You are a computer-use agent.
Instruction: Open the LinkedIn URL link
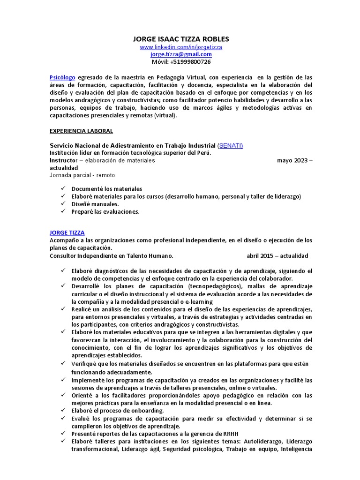click(181, 47)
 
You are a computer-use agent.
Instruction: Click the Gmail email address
click(181, 54)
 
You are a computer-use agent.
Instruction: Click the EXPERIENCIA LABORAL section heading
click(81, 131)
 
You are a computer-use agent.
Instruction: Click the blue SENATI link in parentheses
click(230, 146)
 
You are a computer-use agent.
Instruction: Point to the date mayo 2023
click(291, 160)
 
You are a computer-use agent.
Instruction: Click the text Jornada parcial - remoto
click(82, 175)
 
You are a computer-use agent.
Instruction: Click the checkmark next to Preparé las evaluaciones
click(63, 211)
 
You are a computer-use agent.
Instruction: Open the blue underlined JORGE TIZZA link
click(67, 232)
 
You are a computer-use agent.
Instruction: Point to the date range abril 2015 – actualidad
click(277, 256)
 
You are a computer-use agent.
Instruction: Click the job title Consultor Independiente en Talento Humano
click(112, 256)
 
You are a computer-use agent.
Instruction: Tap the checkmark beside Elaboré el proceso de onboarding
click(63, 410)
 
